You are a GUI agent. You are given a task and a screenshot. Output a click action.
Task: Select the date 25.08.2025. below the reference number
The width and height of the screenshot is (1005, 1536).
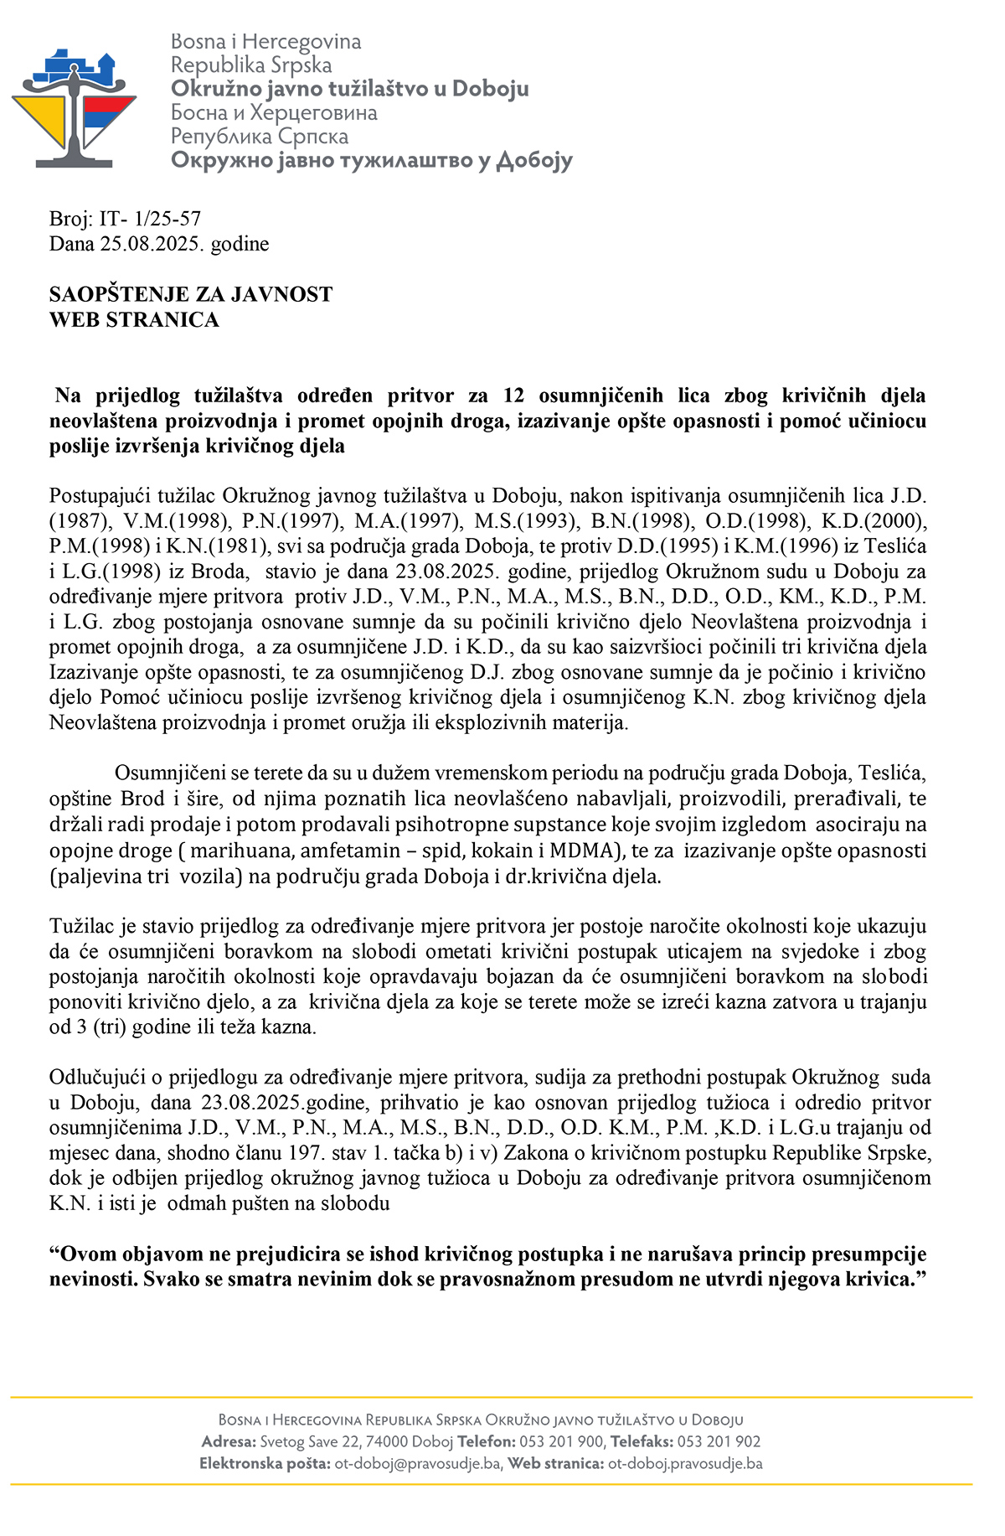(x=152, y=245)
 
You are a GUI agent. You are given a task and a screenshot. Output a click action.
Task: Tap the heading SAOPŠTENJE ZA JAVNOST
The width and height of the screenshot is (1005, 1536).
(x=191, y=295)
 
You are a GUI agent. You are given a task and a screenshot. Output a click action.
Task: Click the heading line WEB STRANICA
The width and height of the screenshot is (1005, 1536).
(x=134, y=320)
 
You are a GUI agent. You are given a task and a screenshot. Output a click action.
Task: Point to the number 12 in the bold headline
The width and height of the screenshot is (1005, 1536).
(x=513, y=396)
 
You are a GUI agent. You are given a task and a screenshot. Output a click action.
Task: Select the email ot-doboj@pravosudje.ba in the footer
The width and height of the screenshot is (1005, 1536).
(x=418, y=1464)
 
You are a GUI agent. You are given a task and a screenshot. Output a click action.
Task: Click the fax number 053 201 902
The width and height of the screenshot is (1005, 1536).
(x=719, y=1442)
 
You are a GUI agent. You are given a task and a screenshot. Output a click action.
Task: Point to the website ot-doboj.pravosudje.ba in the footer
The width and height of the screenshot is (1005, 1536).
(x=685, y=1464)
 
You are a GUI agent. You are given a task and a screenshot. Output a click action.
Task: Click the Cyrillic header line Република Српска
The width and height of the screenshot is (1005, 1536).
(x=260, y=137)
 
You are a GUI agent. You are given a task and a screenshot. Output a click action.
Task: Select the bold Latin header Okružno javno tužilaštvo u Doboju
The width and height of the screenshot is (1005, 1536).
(x=349, y=89)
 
